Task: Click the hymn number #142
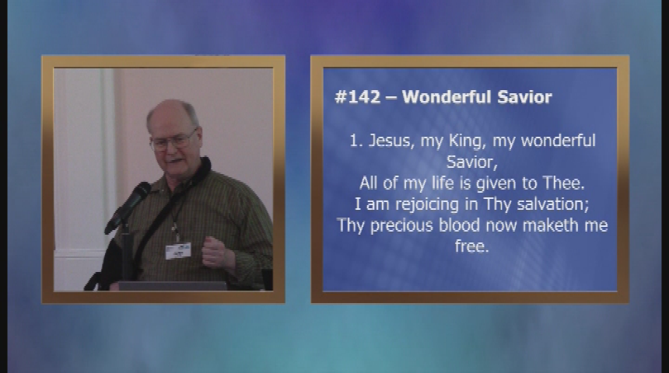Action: tap(358, 97)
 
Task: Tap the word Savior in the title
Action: tap(525, 97)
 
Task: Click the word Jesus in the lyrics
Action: tap(389, 141)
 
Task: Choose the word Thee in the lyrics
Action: tap(563, 183)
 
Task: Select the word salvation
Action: tap(553, 204)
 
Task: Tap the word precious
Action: tap(401, 225)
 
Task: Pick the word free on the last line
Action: tap(471, 246)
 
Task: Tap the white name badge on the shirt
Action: tap(178, 251)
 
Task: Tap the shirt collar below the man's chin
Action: tap(184, 179)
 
